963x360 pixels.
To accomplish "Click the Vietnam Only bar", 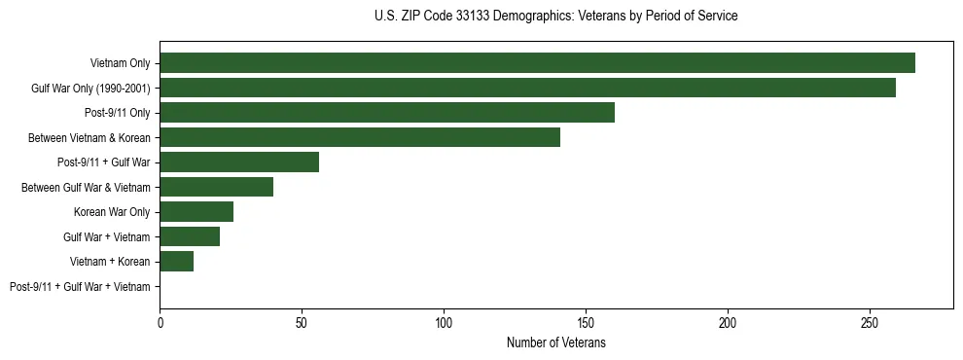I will [x=537, y=63].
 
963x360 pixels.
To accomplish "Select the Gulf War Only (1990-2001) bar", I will [x=527, y=88].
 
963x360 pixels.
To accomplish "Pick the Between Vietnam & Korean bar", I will [x=360, y=137].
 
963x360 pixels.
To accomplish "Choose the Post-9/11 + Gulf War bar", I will [x=239, y=162].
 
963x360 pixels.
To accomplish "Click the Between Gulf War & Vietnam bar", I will [x=216, y=187].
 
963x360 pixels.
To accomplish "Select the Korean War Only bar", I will [x=196, y=212].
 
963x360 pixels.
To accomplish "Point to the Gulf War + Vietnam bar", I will [x=190, y=236].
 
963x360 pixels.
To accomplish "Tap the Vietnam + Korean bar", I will [x=176, y=261].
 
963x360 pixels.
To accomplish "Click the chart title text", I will [x=555, y=16].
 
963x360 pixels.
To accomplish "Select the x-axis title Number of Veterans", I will [x=555, y=343].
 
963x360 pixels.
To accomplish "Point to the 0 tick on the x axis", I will [x=160, y=321].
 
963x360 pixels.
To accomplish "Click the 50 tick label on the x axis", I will [x=302, y=321].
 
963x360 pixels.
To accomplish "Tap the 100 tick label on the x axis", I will [x=444, y=321].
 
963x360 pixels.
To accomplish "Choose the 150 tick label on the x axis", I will [x=586, y=321].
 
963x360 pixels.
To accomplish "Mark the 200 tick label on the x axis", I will [x=728, y=321].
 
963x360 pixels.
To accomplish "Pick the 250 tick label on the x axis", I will [x=870, y=321].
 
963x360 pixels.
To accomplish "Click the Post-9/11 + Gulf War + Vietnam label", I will [x=80, y=286].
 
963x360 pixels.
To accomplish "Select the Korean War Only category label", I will [x=112, y=212].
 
